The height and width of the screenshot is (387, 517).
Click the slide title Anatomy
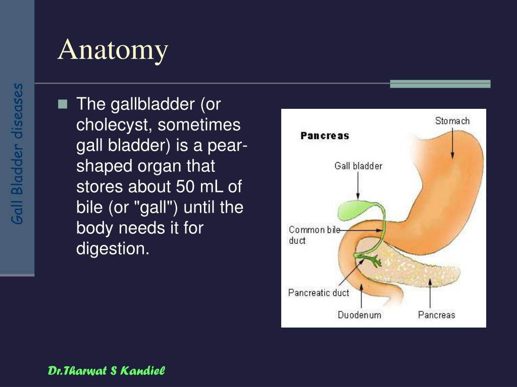point(113,50)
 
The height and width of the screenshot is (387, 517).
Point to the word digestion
point(113,249)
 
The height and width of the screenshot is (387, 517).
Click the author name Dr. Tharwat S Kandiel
point(106,371)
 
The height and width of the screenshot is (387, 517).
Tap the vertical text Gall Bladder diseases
point(17,154)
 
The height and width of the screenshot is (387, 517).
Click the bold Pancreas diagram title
point(325,136)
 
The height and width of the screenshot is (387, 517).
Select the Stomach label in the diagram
point(452,121)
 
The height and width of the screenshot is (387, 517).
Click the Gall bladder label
point(358,166)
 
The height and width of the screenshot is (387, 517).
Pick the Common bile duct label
point(314,235)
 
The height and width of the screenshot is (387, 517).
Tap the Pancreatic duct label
point(319,293)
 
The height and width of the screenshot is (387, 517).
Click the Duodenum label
point(359,315)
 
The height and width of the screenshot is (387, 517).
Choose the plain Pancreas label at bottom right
point(437,315)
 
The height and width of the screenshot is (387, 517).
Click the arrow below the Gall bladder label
point(358,185)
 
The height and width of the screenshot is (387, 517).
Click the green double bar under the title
point(440,84)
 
